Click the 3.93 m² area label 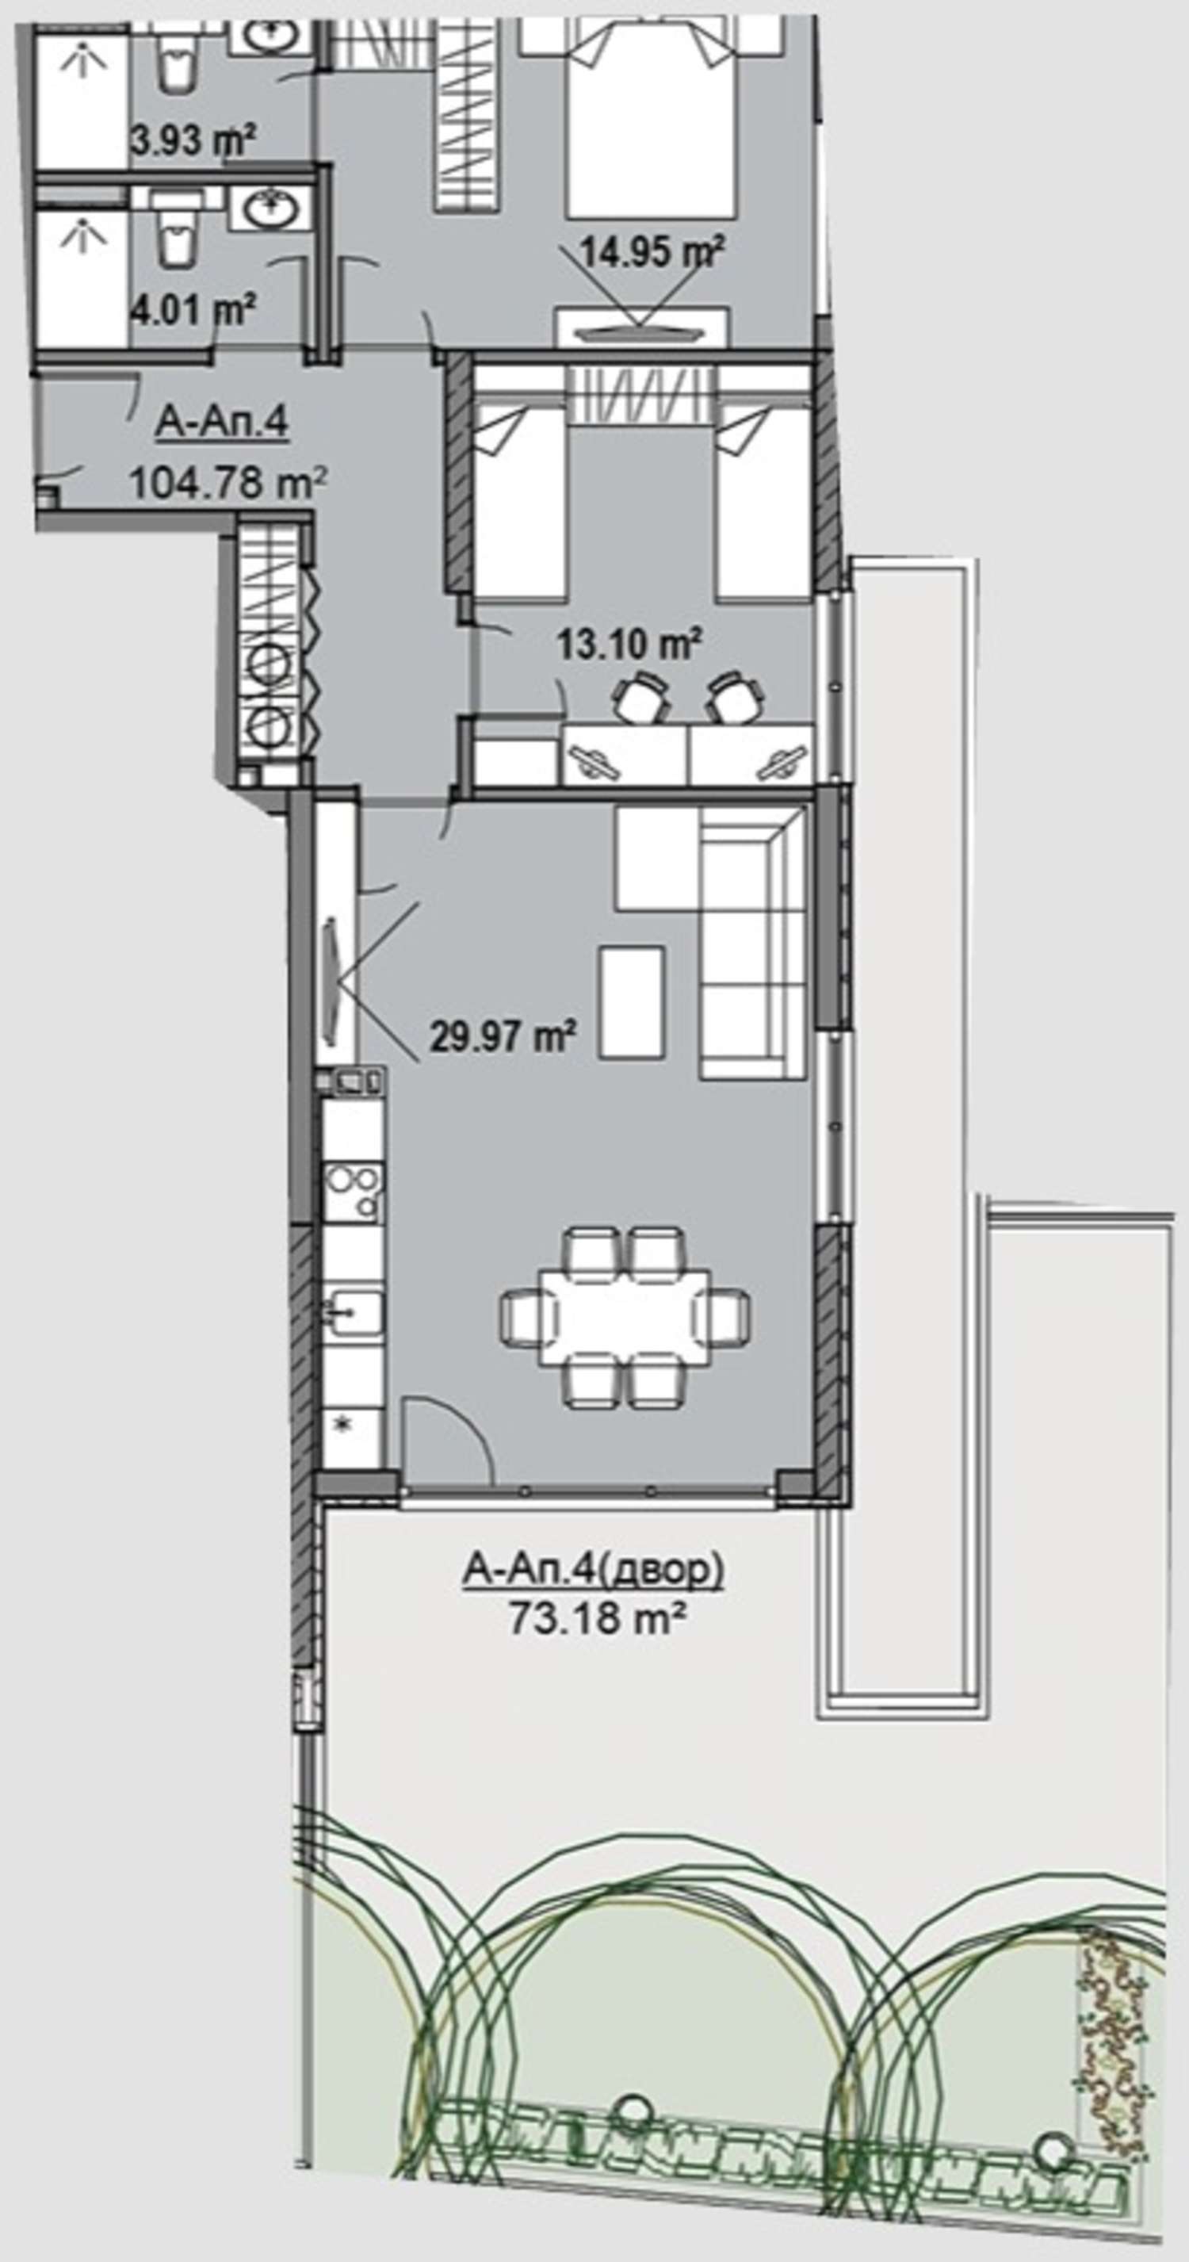193,139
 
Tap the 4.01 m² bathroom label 193,310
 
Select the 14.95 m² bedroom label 652,253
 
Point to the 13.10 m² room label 629,645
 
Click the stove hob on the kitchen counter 352,1192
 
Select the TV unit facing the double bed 642,327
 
